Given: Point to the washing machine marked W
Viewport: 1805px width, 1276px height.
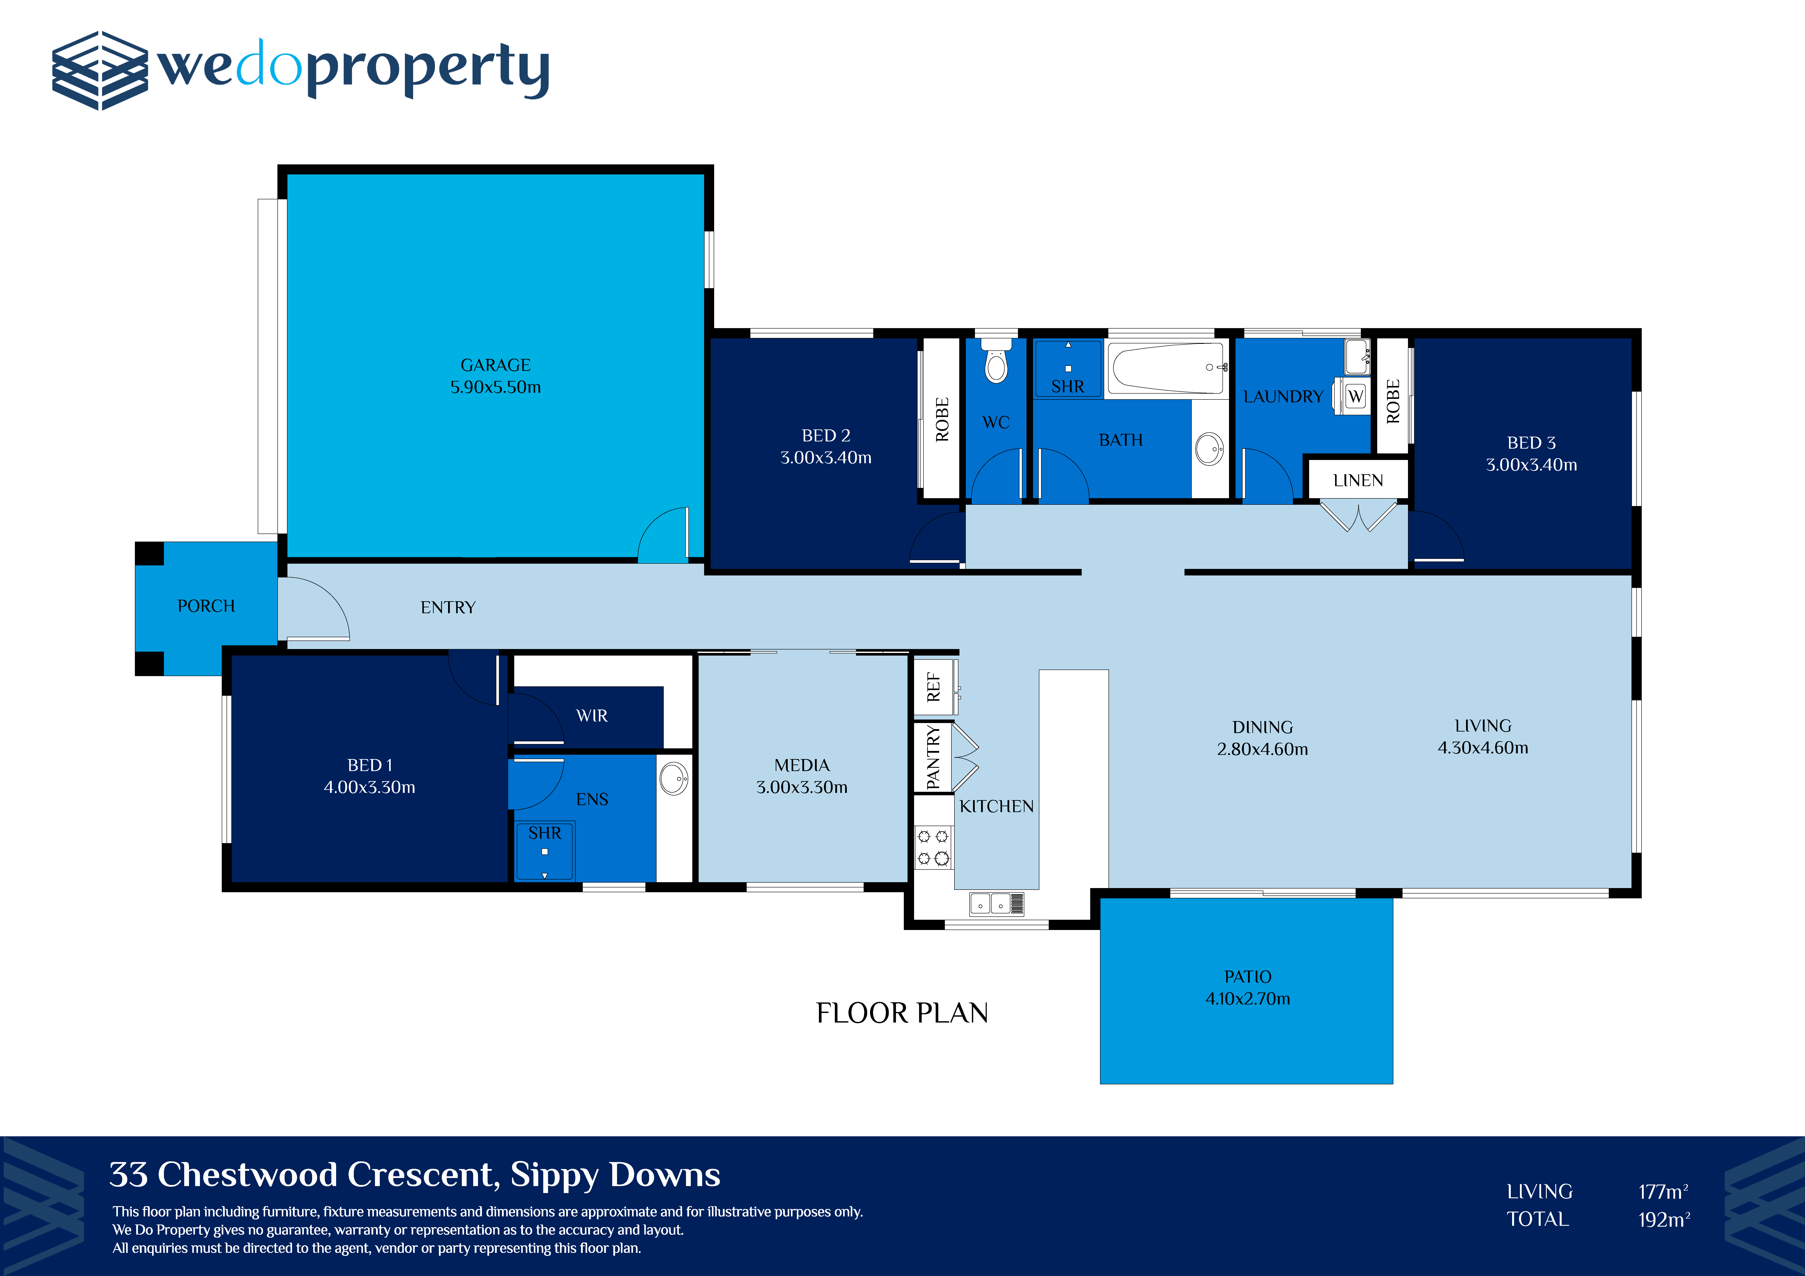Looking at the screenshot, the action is pos(1355,396).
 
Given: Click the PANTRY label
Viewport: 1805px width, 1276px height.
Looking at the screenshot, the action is pos(933,757).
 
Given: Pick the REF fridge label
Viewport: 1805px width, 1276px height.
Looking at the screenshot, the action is pos(933,686).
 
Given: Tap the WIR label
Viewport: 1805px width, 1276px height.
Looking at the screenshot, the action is pos(592,715).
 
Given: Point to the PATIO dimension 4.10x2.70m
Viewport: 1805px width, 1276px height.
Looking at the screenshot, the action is pos(1248,999).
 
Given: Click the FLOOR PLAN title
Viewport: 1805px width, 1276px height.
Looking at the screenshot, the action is pos(902,1013).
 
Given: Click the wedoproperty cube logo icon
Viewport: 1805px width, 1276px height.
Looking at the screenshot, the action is pos(100,71).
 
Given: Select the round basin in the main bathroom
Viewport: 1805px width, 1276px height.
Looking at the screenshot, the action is pos(1209,449).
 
